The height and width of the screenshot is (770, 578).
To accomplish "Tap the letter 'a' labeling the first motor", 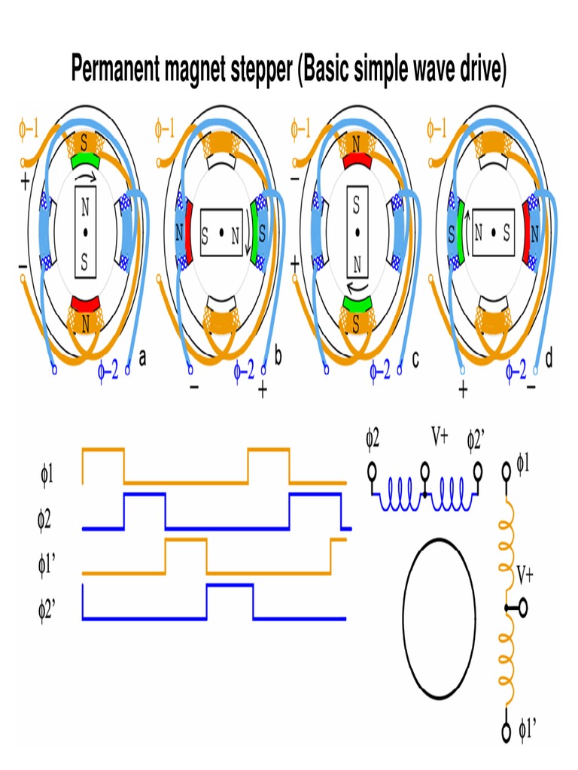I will click(x=142, y=359).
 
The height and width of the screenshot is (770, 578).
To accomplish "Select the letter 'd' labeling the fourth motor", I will click(x=549, y=359).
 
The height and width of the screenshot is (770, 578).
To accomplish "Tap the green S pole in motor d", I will click(x=455, y=232).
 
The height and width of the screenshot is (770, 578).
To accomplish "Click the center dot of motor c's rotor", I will click(x=357, y=232).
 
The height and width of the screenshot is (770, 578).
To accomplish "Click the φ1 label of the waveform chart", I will click(x=47, y=474).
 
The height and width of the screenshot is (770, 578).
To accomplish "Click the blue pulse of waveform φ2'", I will click(x=230, y=585).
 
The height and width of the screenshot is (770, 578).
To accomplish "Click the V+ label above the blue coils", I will click(x=439, y=436).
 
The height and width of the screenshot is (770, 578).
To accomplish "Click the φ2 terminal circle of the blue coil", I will click(x=372, y=472).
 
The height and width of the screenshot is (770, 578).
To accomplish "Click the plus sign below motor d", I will click(x=462, y=390).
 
